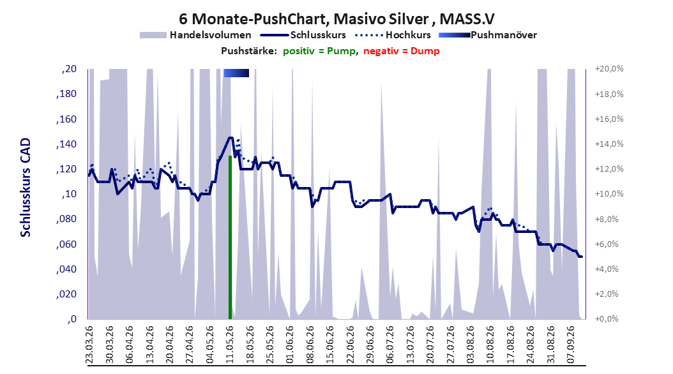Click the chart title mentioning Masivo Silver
336,19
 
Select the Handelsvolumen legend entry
195,35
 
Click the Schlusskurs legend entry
303,35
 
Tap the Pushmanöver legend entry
488,35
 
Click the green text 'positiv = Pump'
319,51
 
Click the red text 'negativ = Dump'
402,51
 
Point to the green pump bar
230,237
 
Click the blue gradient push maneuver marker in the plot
236,73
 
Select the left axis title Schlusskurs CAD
26,187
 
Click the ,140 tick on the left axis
66,144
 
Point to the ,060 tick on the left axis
66,244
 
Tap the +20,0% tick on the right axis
610,69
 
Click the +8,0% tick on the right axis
610,219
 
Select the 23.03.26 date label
89,345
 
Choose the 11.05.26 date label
230,345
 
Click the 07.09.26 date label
571,345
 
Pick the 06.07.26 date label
390,345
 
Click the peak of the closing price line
231,138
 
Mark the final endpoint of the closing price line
581,257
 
